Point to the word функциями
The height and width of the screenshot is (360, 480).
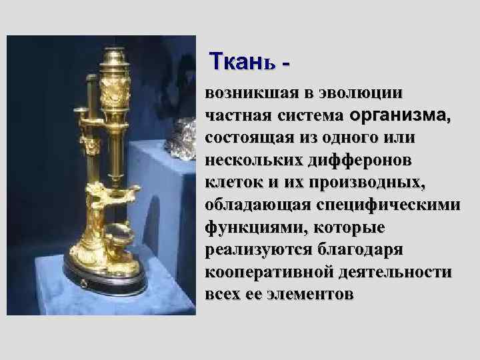tap(243, 228)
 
